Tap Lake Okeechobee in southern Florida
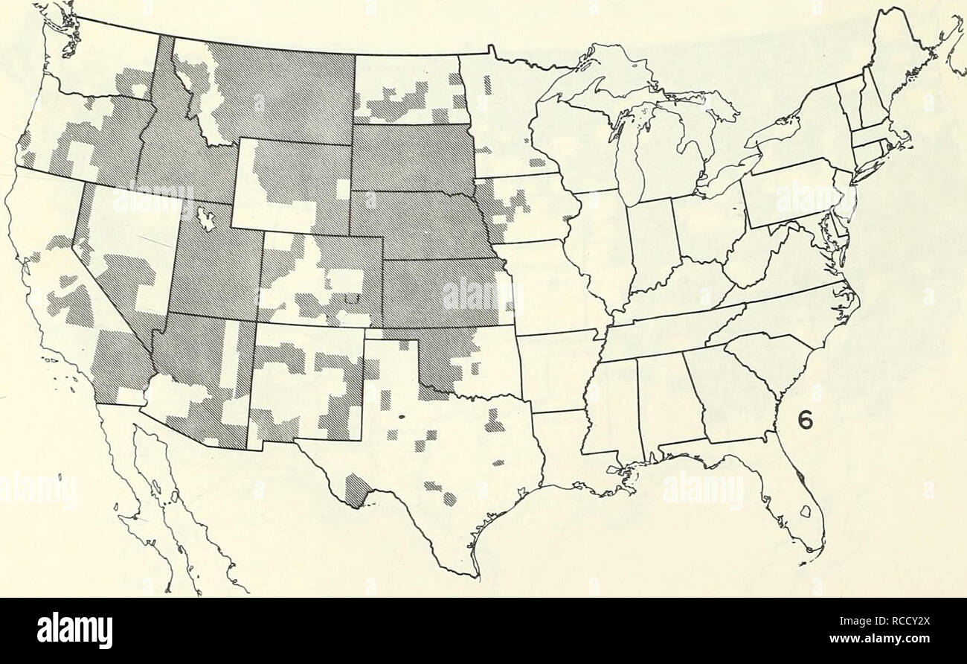804,512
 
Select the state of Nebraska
417,223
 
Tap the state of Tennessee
662,328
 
